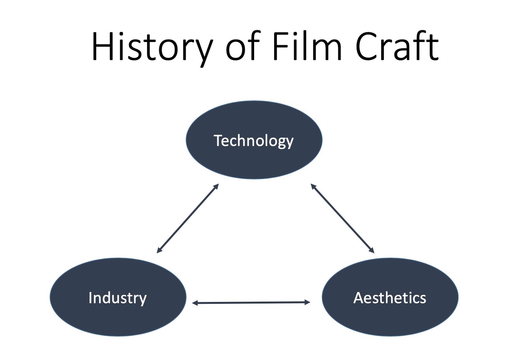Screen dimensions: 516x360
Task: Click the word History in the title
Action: pos(152,47)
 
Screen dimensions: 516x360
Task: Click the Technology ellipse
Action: pos(254,140)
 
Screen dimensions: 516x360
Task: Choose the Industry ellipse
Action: pos(118,297)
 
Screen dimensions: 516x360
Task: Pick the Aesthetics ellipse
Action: pos(390,297)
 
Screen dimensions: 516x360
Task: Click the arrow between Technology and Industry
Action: pos(188,218)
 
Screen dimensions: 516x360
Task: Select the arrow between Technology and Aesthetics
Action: pos(342,218)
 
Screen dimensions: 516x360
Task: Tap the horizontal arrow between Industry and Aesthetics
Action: pos(251,303)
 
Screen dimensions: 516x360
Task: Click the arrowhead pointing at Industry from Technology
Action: pos(159,251)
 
